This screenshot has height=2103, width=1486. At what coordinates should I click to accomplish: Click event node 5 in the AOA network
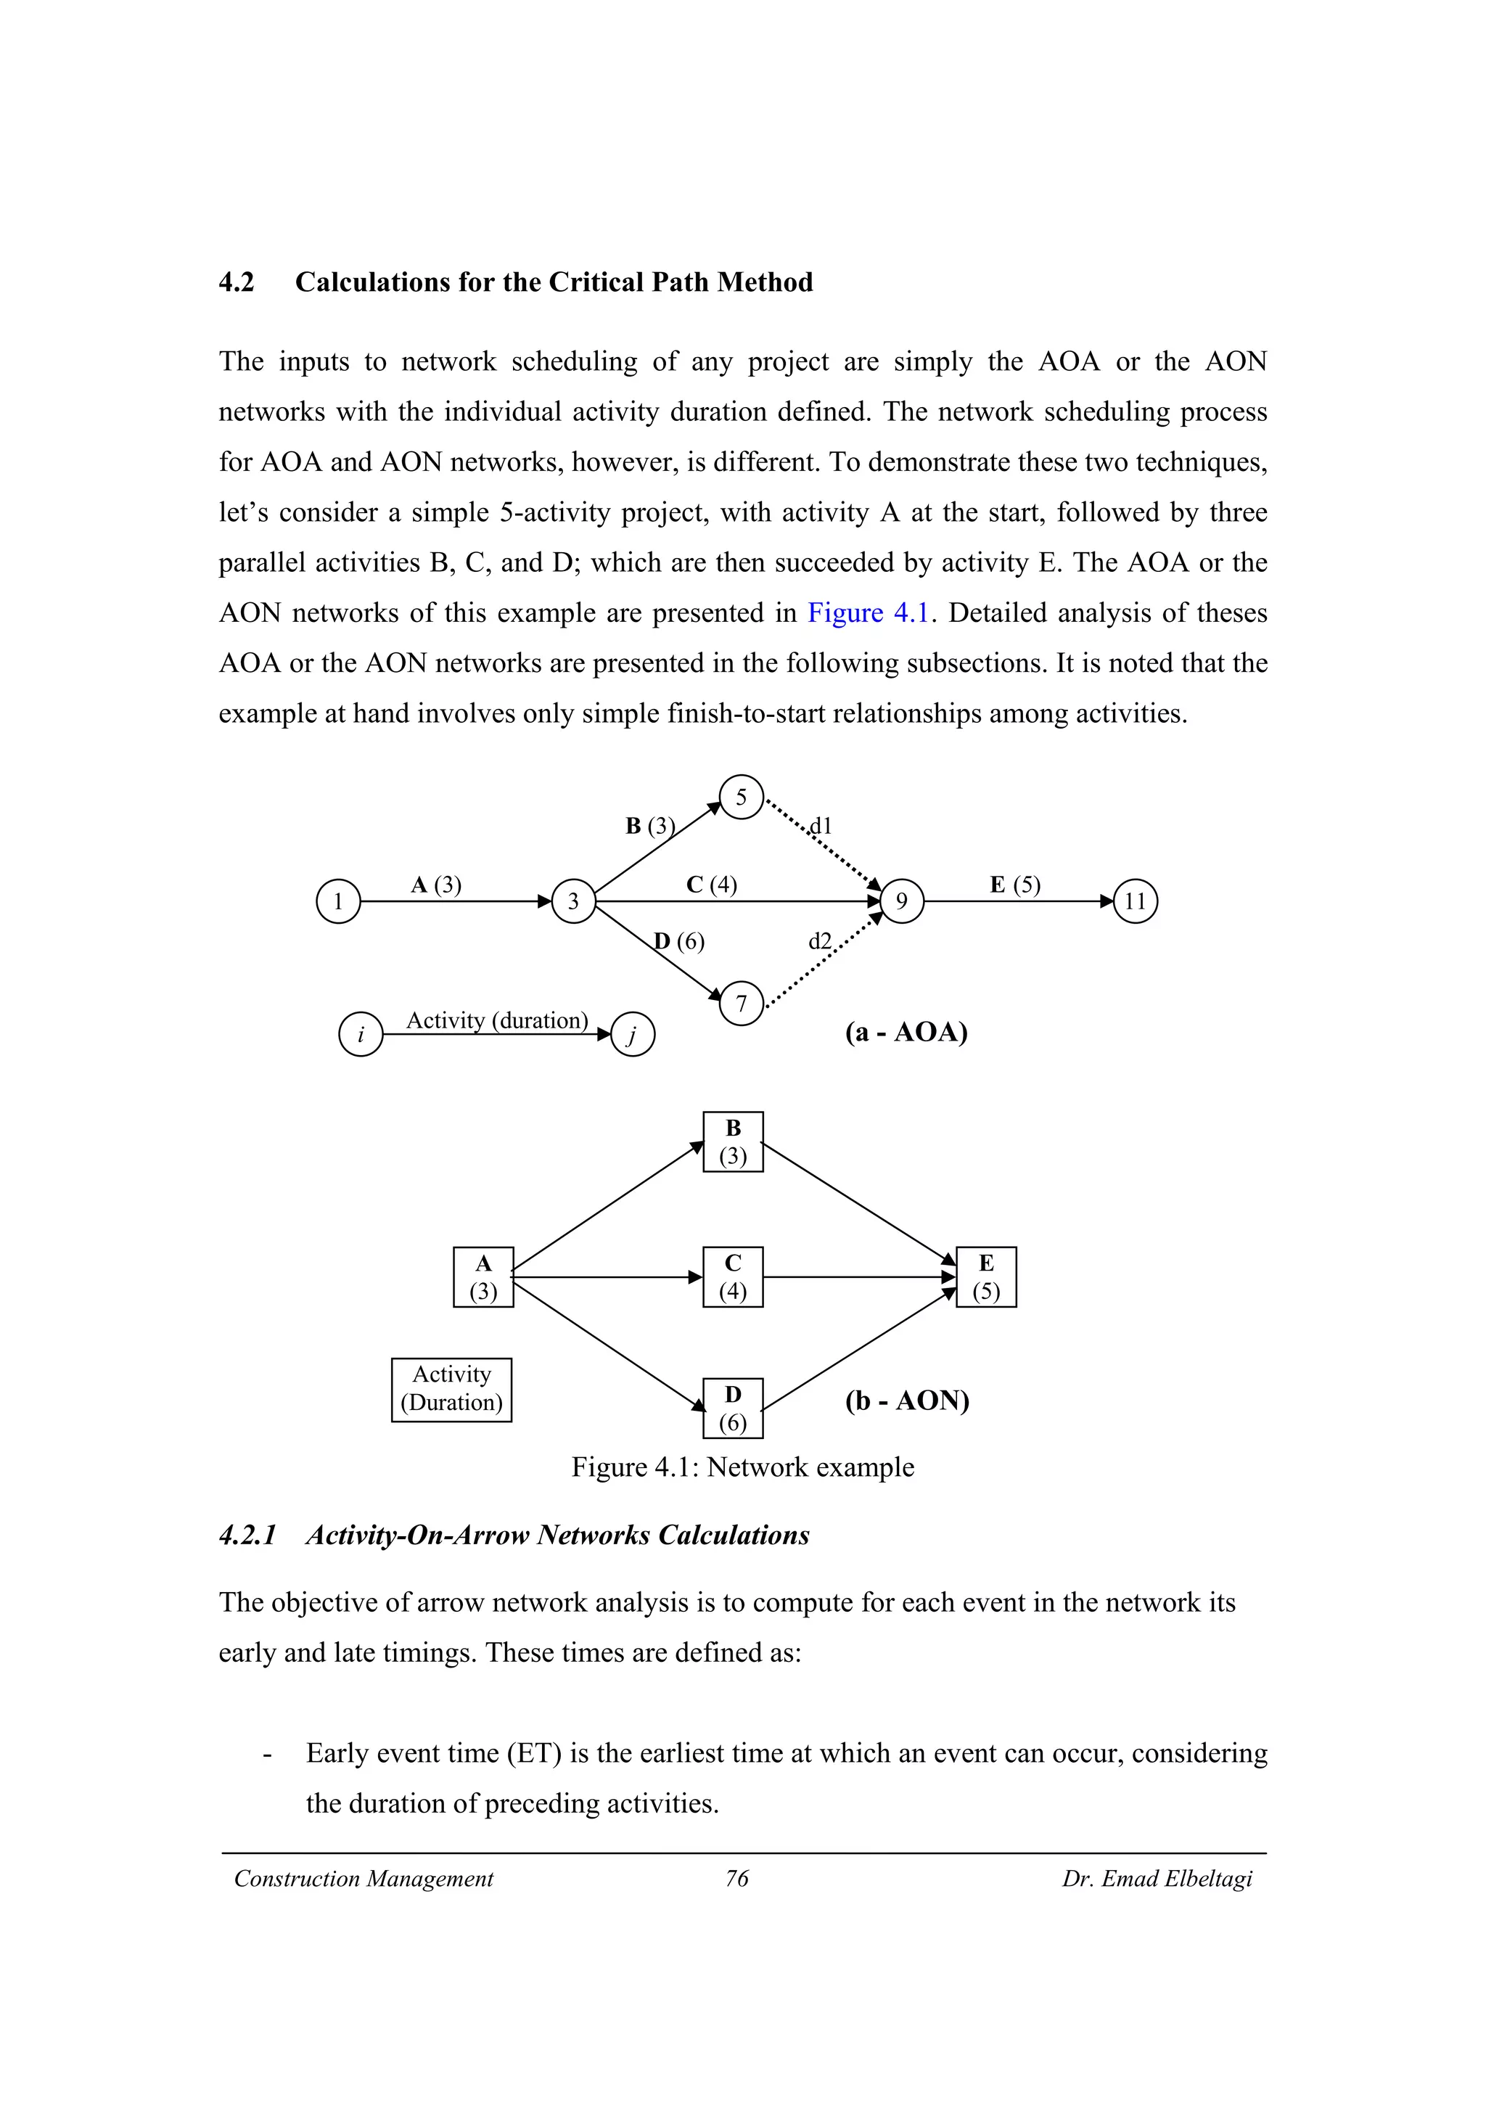(x=741, y=797)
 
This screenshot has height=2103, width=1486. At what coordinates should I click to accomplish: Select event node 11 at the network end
(x=1136, y=901)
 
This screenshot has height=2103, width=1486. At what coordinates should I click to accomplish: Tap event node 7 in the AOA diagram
(x=741, y=1003)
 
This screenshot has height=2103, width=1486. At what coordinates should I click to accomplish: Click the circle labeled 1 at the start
(x=338, y=901)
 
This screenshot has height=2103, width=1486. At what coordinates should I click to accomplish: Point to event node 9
(x=902, y=901)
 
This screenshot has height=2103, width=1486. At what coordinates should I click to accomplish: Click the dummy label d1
(x=821, y=826)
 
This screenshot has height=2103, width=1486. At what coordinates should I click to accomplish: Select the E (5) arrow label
(x=1014, y=885)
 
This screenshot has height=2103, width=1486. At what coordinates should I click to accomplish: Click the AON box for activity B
(x=732, y=1142)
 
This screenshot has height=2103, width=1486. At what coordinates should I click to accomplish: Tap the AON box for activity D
(x=732, y=1408)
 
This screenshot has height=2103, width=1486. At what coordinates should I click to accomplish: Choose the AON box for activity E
(x=986, y=1277)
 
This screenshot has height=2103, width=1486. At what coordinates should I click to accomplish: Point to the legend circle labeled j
(x=632, y=1035)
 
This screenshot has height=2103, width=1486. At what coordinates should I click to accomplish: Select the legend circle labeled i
(x=361, y=1035)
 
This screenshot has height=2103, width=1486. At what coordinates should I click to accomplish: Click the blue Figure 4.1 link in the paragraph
(x=868, y=612)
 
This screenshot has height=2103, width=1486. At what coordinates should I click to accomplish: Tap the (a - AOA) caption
(x=906, y=1032)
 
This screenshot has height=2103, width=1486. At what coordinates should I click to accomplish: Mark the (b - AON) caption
(x=906, y=1401)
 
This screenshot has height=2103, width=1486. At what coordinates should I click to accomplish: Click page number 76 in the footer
(x=737, y=1879)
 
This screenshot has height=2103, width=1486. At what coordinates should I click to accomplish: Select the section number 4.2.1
(x=247, y=1535)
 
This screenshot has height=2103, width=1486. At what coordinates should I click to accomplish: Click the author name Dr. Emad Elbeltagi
(x=1157, y=1879)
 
